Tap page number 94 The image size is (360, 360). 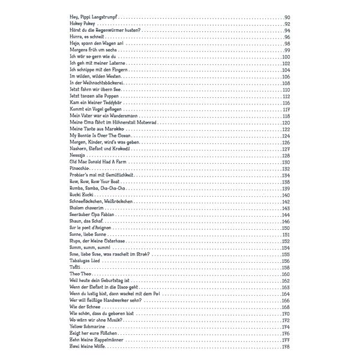(x=287, y=31)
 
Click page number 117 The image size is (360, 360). (x=286, y=110)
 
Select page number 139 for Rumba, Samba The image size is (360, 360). (x=286, y=188)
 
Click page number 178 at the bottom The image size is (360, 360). (x=286, y=347)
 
